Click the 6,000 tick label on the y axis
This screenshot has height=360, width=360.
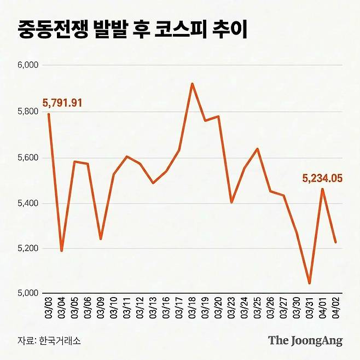tap(27, 65)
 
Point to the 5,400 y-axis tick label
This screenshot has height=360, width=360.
tap(27, 204)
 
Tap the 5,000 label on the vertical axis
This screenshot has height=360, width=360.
tap(27, 293)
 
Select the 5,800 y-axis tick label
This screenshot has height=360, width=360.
tap(27, 112)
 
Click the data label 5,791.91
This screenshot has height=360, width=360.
tap(62, 102)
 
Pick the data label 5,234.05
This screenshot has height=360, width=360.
tap(322, 178)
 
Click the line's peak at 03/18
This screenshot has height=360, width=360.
tap(193, 84)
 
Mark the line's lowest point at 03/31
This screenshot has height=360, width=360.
tap(310, 283)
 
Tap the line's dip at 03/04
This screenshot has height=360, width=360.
tap(62, 251)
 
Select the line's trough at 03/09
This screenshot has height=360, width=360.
tap(101, 239)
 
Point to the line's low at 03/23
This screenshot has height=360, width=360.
tap(231, 202)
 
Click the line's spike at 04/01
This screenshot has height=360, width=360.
tap(323, 189)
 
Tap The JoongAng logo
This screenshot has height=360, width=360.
tap(305, 340)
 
